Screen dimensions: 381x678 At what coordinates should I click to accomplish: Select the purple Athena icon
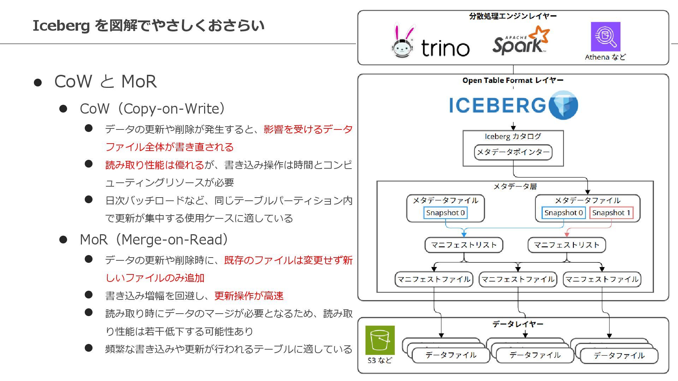605,37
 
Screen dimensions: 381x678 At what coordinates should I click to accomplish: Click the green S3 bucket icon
380,340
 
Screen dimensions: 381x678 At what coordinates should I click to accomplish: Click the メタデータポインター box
513,152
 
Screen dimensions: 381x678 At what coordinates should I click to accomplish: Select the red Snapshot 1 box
611,213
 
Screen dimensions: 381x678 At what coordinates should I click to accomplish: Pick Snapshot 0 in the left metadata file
445,213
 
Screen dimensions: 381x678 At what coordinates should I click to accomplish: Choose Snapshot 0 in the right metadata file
563,213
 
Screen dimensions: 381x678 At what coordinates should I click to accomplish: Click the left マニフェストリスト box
464,245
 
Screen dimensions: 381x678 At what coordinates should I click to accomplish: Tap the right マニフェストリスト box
566,245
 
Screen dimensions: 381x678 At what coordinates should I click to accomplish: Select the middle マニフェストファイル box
518,279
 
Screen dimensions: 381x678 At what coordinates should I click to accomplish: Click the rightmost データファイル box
619,356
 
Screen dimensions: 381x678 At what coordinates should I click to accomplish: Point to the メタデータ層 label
515,186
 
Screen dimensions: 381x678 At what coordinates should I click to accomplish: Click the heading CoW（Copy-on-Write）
152,109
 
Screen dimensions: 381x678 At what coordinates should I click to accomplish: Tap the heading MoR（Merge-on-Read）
154,240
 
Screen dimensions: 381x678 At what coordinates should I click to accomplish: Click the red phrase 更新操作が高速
249,296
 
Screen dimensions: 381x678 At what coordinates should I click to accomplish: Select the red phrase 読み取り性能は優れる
155,165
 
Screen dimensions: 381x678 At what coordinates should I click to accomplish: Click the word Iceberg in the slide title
61,26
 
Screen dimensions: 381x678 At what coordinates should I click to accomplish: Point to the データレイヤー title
518,324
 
